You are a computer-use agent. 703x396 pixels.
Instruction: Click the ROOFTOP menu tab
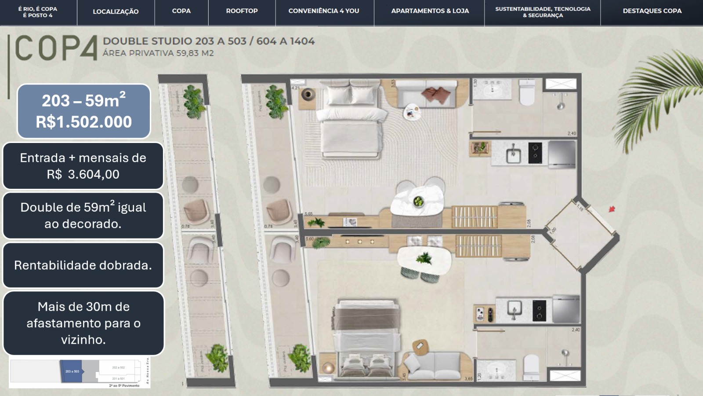242,11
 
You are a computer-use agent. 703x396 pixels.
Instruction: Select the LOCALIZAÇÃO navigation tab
116,11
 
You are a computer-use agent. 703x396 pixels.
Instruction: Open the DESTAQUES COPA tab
652,11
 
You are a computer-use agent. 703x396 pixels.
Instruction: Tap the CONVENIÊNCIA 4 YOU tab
324,11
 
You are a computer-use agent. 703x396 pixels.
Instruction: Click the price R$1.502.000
83,122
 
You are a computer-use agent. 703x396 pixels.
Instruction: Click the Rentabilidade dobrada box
83,265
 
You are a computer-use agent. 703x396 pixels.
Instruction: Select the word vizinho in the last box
83,340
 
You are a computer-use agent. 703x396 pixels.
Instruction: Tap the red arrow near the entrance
612,209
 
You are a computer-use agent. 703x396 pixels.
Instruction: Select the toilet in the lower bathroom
531,366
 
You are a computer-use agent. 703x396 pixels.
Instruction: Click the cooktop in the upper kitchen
535,153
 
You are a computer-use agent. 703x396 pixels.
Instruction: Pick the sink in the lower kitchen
514,309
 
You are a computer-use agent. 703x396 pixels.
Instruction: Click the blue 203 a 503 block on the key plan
72,371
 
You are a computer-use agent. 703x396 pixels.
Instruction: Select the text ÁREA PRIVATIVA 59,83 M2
158,53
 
